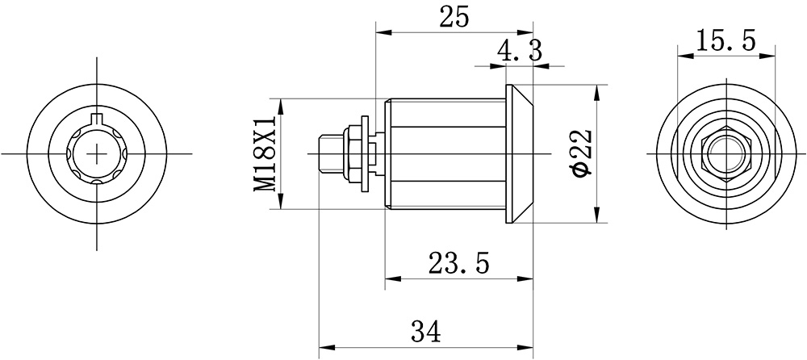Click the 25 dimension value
pyautogui.click(x=454, y=18)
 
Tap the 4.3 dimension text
pyautogui.click(x=520, y=52)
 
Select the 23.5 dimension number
pyautogui.click(x=458, y=264)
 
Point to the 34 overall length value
pyautogui.click(x=425, y=332)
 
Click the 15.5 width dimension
pyautogui.click(x=725, y=40)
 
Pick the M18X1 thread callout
pyautogui.click(x=266, y=153)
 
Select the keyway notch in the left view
pyautogui.click(x=97, y=118)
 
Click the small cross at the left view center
pyautogui.click(x=97, y=153)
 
